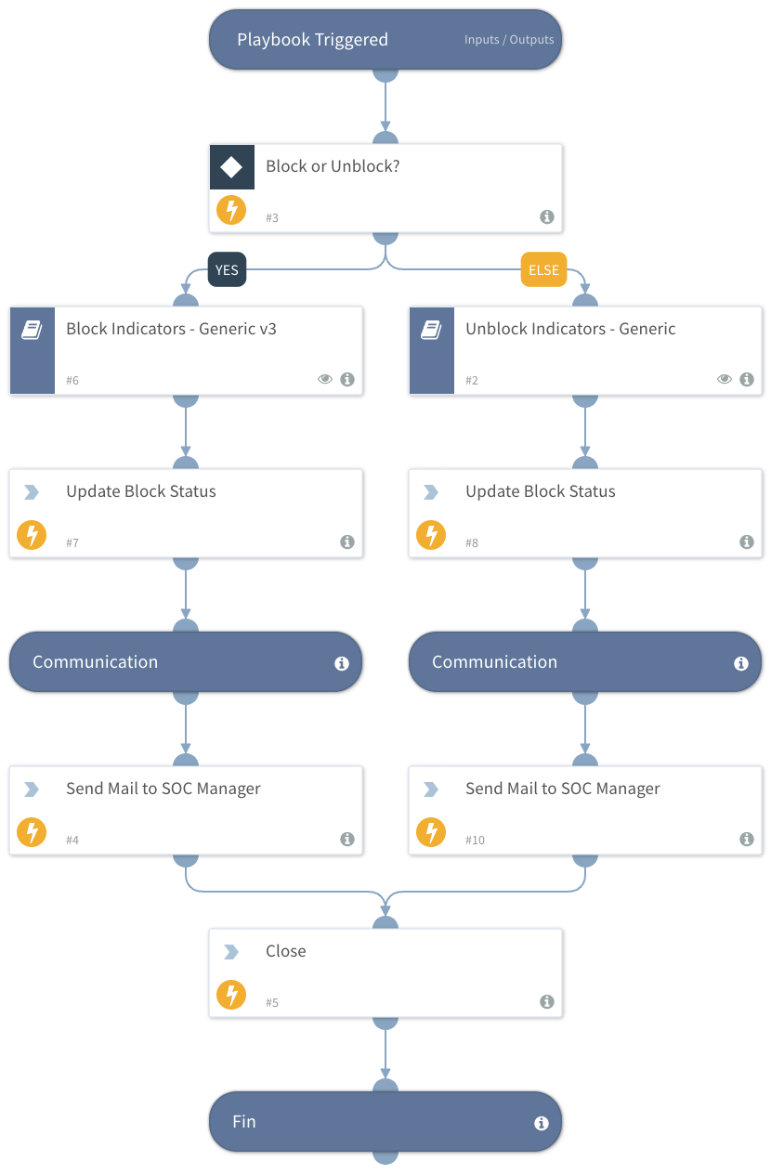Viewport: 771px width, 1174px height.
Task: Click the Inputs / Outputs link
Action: (x=508, y=40)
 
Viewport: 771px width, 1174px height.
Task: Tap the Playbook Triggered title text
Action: (x=312, y=40)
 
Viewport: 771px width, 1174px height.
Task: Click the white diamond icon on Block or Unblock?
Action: (x=231, y=167)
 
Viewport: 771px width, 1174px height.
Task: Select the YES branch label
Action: (x=227, y=270)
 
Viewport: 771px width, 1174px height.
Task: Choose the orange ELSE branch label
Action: (x=543, y=270)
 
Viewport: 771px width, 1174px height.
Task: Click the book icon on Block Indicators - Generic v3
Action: (x=32, y=331)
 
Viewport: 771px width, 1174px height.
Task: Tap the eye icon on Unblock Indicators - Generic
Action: (x=725, y=379)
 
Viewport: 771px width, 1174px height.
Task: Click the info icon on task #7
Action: (x=347, y=541)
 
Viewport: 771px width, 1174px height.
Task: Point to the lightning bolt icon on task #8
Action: (x=431, y=535)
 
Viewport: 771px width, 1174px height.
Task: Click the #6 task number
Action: (x=72, y=381)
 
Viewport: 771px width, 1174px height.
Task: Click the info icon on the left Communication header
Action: (x=342, y=663)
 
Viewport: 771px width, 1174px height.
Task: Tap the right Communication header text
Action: (x=494, y=662)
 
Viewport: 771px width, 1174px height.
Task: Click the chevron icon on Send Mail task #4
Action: (x=32, y=789)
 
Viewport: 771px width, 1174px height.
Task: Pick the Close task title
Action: (x=286, y=951)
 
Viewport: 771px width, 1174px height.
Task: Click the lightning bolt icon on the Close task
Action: (x=231, y=995)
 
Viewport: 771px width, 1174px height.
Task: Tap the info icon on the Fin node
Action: (x=542, y=1123)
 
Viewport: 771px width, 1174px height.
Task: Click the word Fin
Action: (x=244, y=1122)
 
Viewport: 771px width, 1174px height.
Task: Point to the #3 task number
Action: (x=272, y=218)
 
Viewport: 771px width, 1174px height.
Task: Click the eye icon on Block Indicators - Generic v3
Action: (x=325, y=379)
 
